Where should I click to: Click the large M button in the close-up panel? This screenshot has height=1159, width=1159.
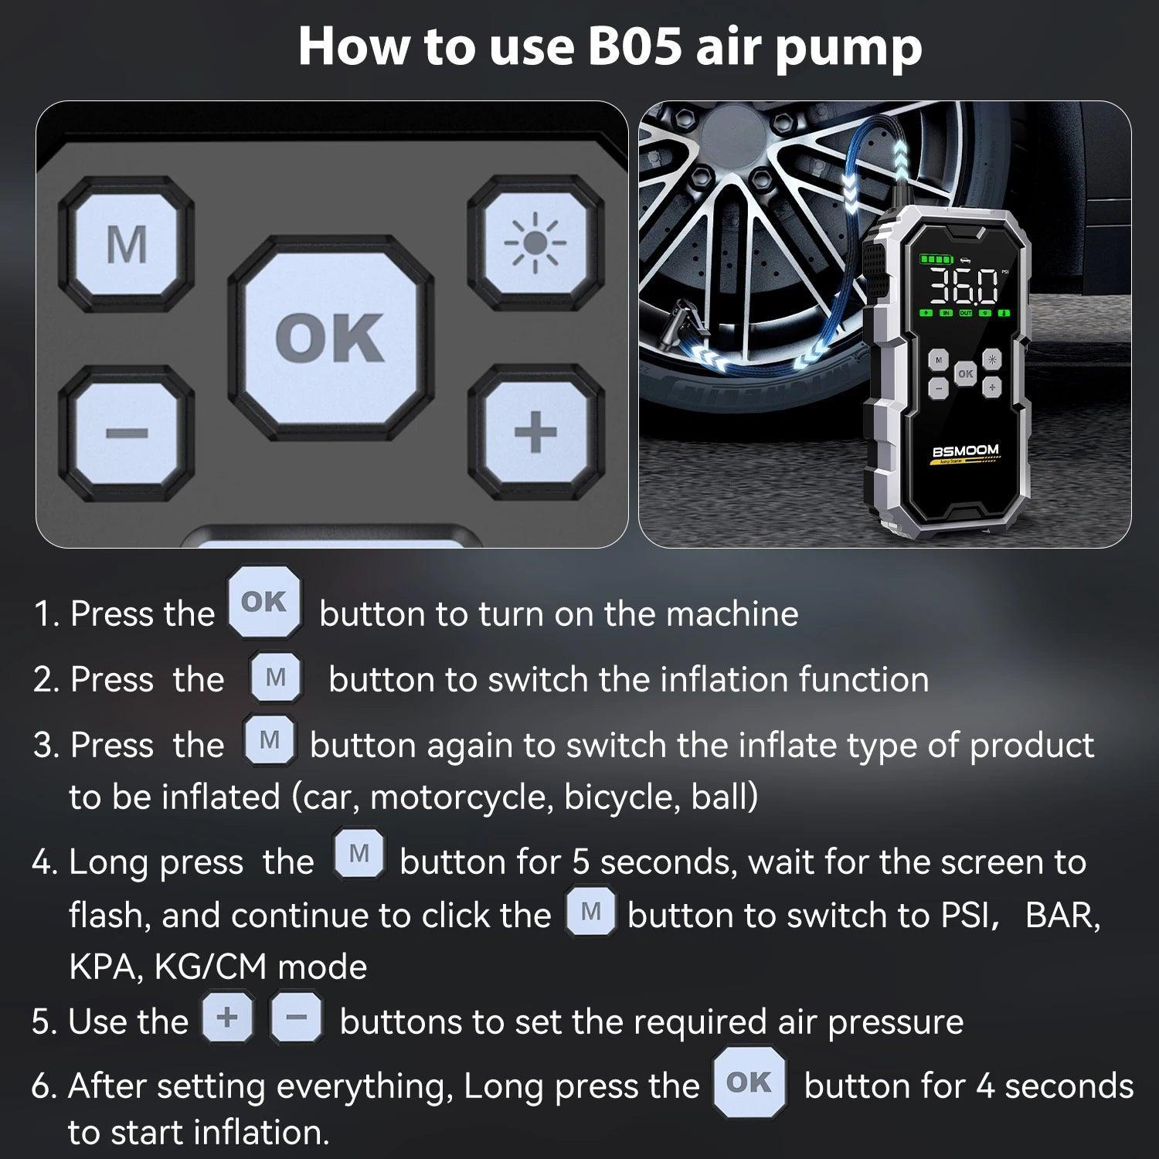coord(127,244)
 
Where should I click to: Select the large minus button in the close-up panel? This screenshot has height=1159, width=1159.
coord(127,432)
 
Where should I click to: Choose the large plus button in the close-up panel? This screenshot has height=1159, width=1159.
coord(535,431)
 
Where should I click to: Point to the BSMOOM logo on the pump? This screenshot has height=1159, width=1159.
coord(965,450)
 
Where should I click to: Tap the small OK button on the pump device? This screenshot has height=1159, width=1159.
coord(965,373)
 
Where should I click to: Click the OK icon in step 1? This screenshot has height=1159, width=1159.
coord(264,602)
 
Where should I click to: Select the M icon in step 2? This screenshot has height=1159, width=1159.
coord(276,678)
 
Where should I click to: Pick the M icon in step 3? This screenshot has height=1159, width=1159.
coord(269,740)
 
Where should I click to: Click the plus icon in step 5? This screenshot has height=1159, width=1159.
coord(227,1018)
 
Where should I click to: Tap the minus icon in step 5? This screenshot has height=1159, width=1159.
coord(297,1018)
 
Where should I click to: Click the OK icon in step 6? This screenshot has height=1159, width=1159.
coord(749,1083)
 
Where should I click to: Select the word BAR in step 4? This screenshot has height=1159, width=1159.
coord(1062,916)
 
